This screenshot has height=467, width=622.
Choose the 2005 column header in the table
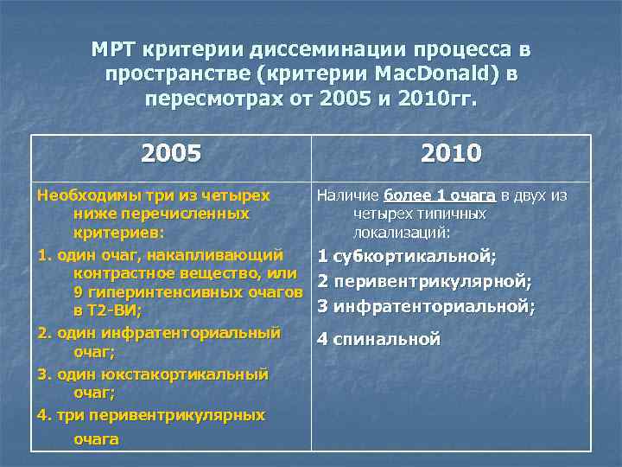pos(171,154)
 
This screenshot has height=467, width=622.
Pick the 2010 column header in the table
pos(451,154)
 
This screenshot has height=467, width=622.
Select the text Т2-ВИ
pos(115,310)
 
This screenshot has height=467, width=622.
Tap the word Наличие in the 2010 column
pos(347,195)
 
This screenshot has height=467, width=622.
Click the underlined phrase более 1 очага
pos(440,195)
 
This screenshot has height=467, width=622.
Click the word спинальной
pos(387,339)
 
